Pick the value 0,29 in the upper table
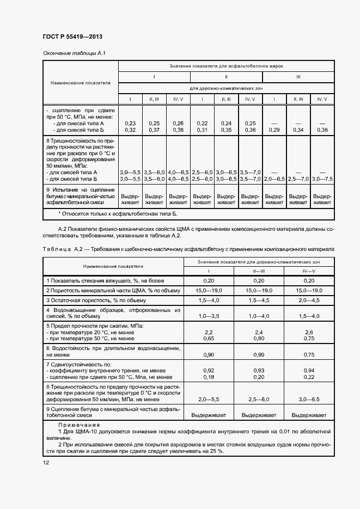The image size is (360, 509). [274, 130]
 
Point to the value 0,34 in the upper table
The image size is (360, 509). [298, 130]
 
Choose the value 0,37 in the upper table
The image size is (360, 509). [154, 130]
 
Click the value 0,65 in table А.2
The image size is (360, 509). [208, 338]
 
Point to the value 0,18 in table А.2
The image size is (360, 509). [208, 376]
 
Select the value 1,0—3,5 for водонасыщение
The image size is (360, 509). [208, 316]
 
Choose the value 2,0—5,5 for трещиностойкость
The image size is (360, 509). [208, 399]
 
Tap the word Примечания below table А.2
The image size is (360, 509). [79, 424]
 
